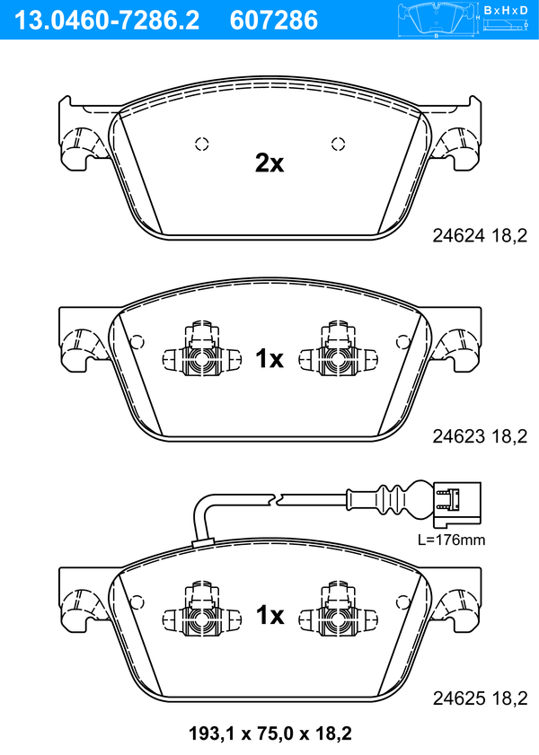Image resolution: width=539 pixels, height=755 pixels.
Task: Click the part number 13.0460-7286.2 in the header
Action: pos(108,21)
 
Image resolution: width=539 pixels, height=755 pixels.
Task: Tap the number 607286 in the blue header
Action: pos(274,21)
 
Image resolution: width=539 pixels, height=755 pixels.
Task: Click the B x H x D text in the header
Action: pos(506,10)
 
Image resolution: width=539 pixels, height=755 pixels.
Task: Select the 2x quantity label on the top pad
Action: pos(269,163)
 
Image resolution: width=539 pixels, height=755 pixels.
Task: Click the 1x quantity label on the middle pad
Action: pos(269,359)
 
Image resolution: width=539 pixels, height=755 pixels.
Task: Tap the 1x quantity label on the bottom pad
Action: pos(269,615)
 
